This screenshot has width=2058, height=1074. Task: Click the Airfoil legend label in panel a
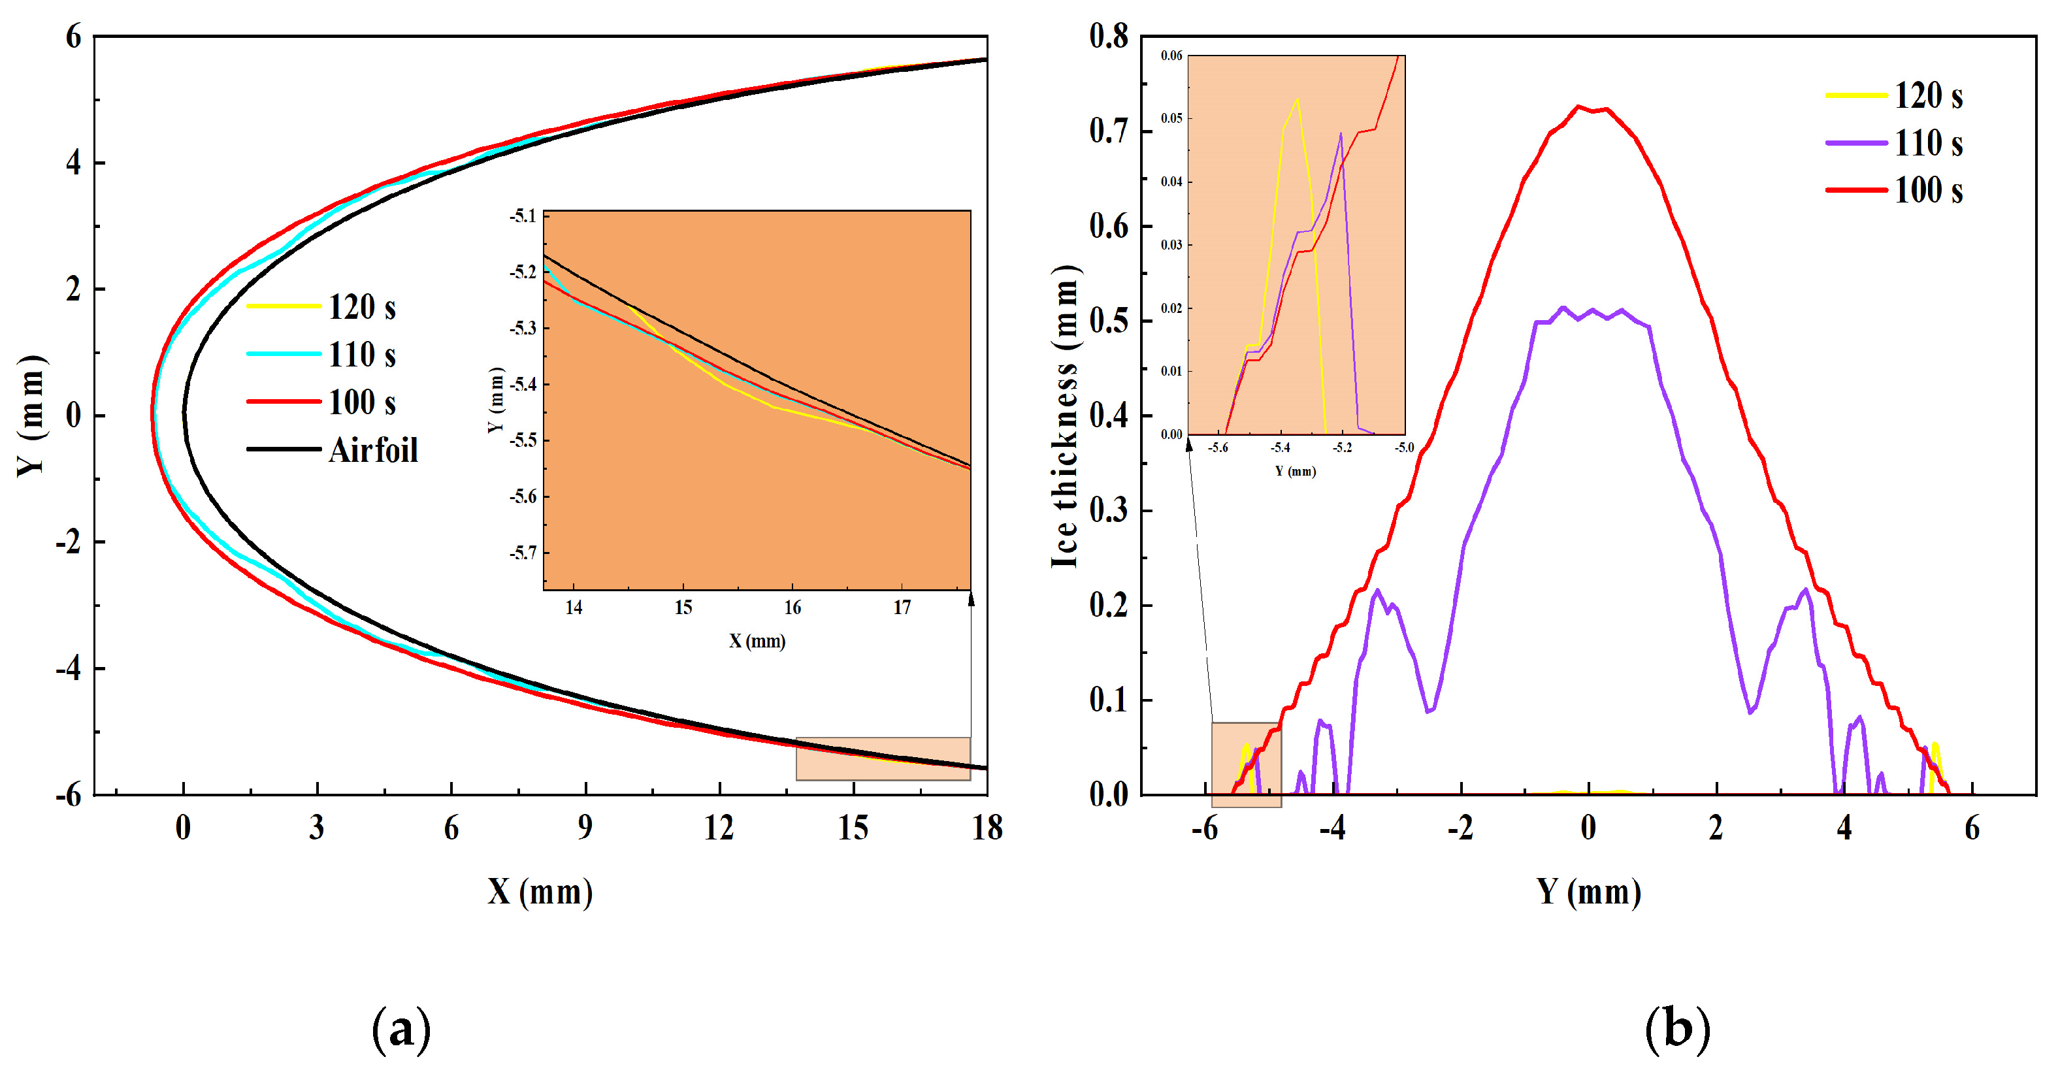(373, 450)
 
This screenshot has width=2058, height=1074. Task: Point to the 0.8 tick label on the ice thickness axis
(1109, 36)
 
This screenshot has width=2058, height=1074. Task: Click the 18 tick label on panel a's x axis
(987, 828)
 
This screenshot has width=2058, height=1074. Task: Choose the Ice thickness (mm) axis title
(1065, 415)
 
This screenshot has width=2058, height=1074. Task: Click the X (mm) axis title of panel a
(540, 891)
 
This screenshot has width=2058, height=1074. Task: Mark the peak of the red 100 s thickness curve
(1578, 106)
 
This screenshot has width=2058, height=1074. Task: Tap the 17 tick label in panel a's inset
(902, 608)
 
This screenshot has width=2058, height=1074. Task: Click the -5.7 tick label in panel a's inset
(523, 553)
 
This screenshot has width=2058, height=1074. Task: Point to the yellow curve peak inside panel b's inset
(1297, 99)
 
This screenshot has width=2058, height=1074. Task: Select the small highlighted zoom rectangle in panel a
(883, 758)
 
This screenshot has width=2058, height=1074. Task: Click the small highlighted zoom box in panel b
(1247, 765)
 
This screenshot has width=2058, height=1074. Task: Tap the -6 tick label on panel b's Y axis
(1205, 828)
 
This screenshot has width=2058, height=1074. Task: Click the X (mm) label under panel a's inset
(757, 641)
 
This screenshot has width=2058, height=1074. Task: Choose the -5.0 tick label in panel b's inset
(1404, 447)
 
